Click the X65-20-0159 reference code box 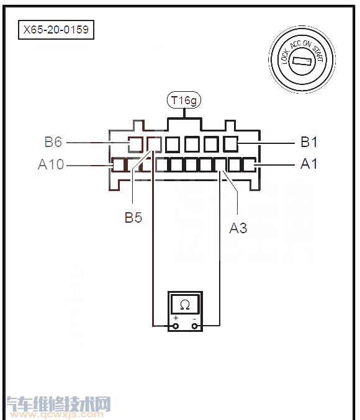click(56, 29)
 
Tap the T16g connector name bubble click(184, 101)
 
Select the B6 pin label click(53, 142)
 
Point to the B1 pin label click(309, 142)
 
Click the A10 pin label click(51, 164)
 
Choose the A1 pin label click(309, 164)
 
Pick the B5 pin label click(133, 217)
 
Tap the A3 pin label click(238, 228)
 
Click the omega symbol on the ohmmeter click(185, 305)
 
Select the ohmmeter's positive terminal click(176, 326)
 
